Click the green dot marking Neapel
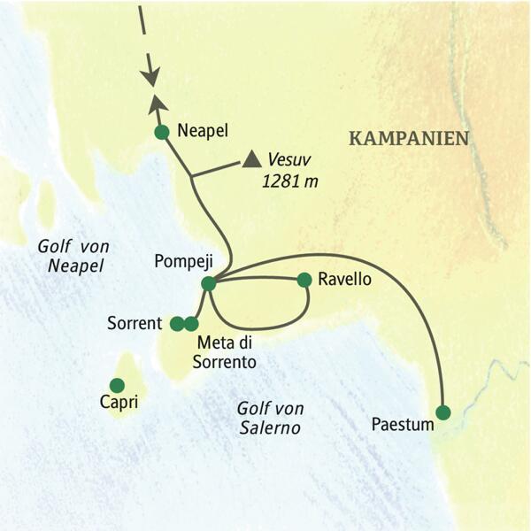coord(161,133)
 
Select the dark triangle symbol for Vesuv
coord(252,160)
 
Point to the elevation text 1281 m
coord(289,181)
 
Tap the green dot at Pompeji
coord(208,284)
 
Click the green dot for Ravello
coord(304,280)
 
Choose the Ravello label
coord(346,280)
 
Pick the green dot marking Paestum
coord(443,412)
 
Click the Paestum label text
coord(403,425)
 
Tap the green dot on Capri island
coord(116,384)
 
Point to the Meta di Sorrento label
coord(226,352)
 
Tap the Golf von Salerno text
coord(269,419)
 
